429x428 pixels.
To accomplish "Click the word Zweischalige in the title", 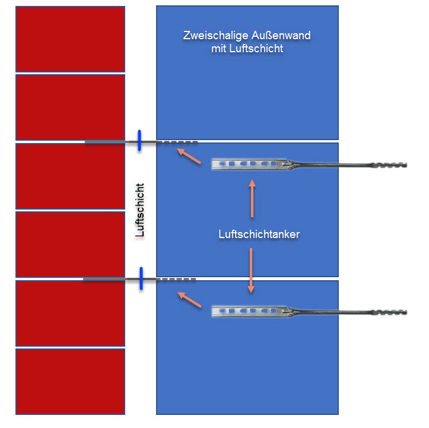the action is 215,36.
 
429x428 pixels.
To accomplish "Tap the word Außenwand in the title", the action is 281,35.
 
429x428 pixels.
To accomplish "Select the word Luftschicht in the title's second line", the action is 256,49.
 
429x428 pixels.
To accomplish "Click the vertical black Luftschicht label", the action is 140,210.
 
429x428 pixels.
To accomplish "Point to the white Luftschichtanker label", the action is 259,234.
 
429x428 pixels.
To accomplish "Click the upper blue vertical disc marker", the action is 139,140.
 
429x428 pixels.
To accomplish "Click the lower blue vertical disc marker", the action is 141,278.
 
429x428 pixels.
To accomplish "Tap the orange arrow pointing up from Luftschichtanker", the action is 252,198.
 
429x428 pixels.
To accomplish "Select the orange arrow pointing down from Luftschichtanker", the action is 251,270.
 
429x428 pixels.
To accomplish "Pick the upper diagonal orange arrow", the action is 189,156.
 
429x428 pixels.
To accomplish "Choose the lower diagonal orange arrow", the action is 189,300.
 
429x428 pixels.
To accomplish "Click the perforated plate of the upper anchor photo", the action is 249,164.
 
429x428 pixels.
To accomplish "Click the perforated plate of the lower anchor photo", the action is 249,311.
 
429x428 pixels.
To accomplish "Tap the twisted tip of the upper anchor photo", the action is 389,165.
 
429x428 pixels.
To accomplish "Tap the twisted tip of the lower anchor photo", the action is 389,312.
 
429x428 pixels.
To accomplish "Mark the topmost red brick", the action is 71,39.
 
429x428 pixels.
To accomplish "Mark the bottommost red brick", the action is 71,382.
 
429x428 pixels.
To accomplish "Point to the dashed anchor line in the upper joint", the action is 179,142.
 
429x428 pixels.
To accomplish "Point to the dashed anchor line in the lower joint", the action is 178,279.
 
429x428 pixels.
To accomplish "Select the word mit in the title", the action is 218,49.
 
